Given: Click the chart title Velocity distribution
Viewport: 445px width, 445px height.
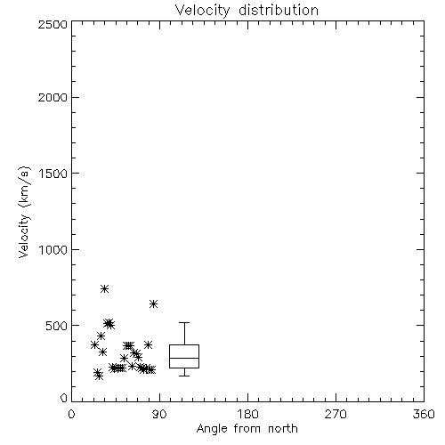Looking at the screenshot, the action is point(247,11).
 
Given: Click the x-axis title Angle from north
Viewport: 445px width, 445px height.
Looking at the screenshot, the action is point(247,429).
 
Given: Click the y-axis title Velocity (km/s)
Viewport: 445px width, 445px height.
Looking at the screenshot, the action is point(24,212).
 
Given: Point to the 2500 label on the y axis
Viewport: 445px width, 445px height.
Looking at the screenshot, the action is point(53,24).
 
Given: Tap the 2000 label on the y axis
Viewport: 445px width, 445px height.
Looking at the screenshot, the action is point(53,97).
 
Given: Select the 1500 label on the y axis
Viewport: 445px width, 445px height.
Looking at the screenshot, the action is point(53,174).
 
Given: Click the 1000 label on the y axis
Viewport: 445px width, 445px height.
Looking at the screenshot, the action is point(53,249).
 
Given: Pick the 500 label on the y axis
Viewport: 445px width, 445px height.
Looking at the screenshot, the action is point(57,326).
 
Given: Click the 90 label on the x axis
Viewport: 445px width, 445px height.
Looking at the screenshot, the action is point(159,414).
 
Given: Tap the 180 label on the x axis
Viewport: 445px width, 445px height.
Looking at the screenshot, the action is point(247,414).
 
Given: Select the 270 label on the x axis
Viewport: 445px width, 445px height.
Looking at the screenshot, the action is point(336,414).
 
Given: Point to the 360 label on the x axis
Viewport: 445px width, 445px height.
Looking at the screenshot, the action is point(424,414).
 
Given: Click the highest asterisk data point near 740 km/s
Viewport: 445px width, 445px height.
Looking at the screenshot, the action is point(104,288).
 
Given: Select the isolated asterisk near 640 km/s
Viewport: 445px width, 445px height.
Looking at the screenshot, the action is point(153,303).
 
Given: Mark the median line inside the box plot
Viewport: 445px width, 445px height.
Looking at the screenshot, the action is point(184,358).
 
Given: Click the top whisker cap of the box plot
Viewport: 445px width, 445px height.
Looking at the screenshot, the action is point(184,322).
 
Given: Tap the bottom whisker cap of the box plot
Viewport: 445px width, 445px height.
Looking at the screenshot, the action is point(184,376).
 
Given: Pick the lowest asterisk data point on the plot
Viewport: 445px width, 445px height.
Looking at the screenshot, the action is point(100,376).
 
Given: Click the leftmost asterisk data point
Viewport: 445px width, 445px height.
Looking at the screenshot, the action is point(94,344).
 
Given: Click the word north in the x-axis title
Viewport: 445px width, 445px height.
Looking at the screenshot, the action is point(283,429).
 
